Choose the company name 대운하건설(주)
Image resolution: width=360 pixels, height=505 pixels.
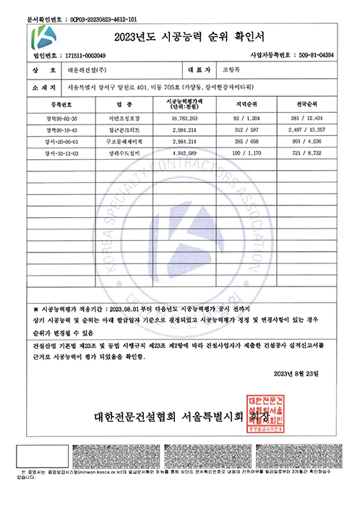pyautogui.click(x=88, y=72)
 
